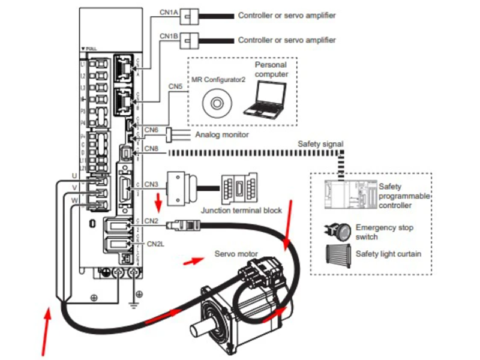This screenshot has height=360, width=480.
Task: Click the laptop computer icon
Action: click(265, 98)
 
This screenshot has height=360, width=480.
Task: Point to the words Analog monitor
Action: click(222, 135)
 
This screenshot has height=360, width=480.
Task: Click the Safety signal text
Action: click(320, 144)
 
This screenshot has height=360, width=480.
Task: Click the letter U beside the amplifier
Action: click(74, 175)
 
